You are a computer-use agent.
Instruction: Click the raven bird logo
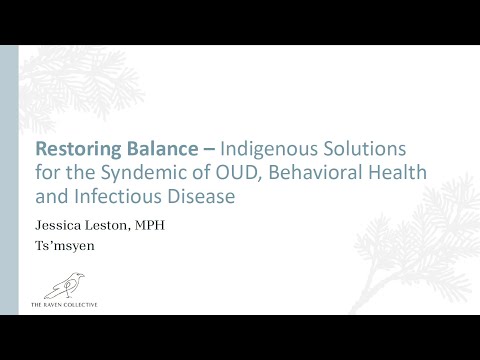69,287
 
